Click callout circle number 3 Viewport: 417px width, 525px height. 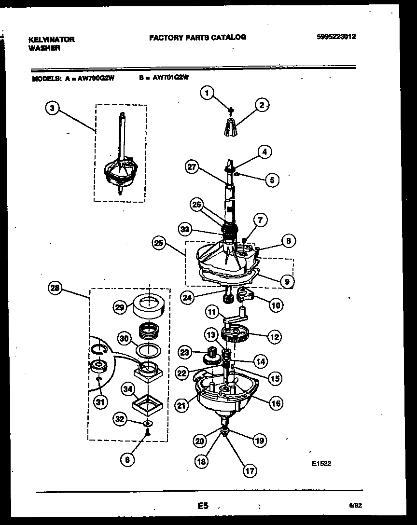click(53, 109)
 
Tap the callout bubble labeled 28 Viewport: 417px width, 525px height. click(56, 289)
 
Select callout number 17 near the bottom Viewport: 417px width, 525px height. click(250, 471)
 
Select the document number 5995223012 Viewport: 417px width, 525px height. click(337, 37)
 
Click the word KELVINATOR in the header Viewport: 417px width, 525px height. click(51, 40)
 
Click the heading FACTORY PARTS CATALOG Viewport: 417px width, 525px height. click(197, 37)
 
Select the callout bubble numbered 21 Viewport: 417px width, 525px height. click(181, 406)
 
